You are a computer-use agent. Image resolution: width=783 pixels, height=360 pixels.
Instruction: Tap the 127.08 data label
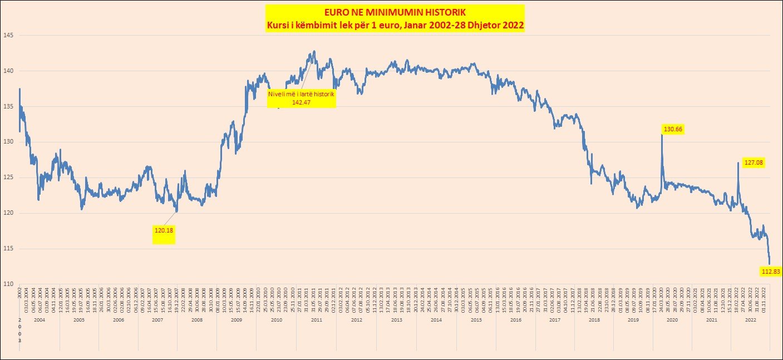754,162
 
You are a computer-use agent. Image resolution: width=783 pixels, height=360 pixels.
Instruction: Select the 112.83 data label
771,272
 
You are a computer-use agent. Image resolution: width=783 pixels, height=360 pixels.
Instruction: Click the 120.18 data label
164,229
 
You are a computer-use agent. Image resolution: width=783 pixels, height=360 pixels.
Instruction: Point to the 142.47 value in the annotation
301,102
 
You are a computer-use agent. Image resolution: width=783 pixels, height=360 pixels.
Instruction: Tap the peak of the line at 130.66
662,135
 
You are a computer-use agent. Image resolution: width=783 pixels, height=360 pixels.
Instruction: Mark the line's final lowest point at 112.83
770,264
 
